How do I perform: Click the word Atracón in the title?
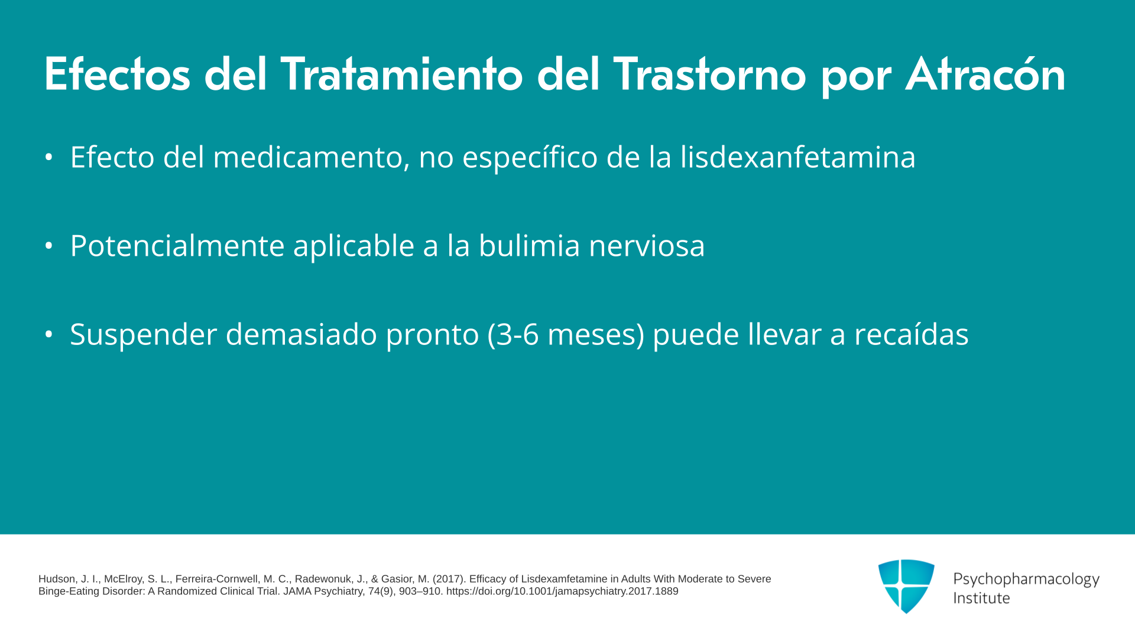click(x=985, y=74)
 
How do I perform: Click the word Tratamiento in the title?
click(x=401, y=74)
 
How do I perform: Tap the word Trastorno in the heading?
click(x=709, y=74)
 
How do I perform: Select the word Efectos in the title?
click(x=117, y=74)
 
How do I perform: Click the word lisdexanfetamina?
click(x=797, y=157)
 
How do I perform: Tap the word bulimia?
click(x=529, y=246)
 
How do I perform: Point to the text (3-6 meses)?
click(x=566, y=335)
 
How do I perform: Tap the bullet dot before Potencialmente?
click(x=49, y=245)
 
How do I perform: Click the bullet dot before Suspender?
click(x=49, y=334)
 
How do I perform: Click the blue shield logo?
click(x=906, y=586)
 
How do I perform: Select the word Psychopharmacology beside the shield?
click(x=1026, y=580)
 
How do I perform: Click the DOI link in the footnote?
click(x=562, y=591)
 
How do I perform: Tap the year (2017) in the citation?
click(x=449, y=579)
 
